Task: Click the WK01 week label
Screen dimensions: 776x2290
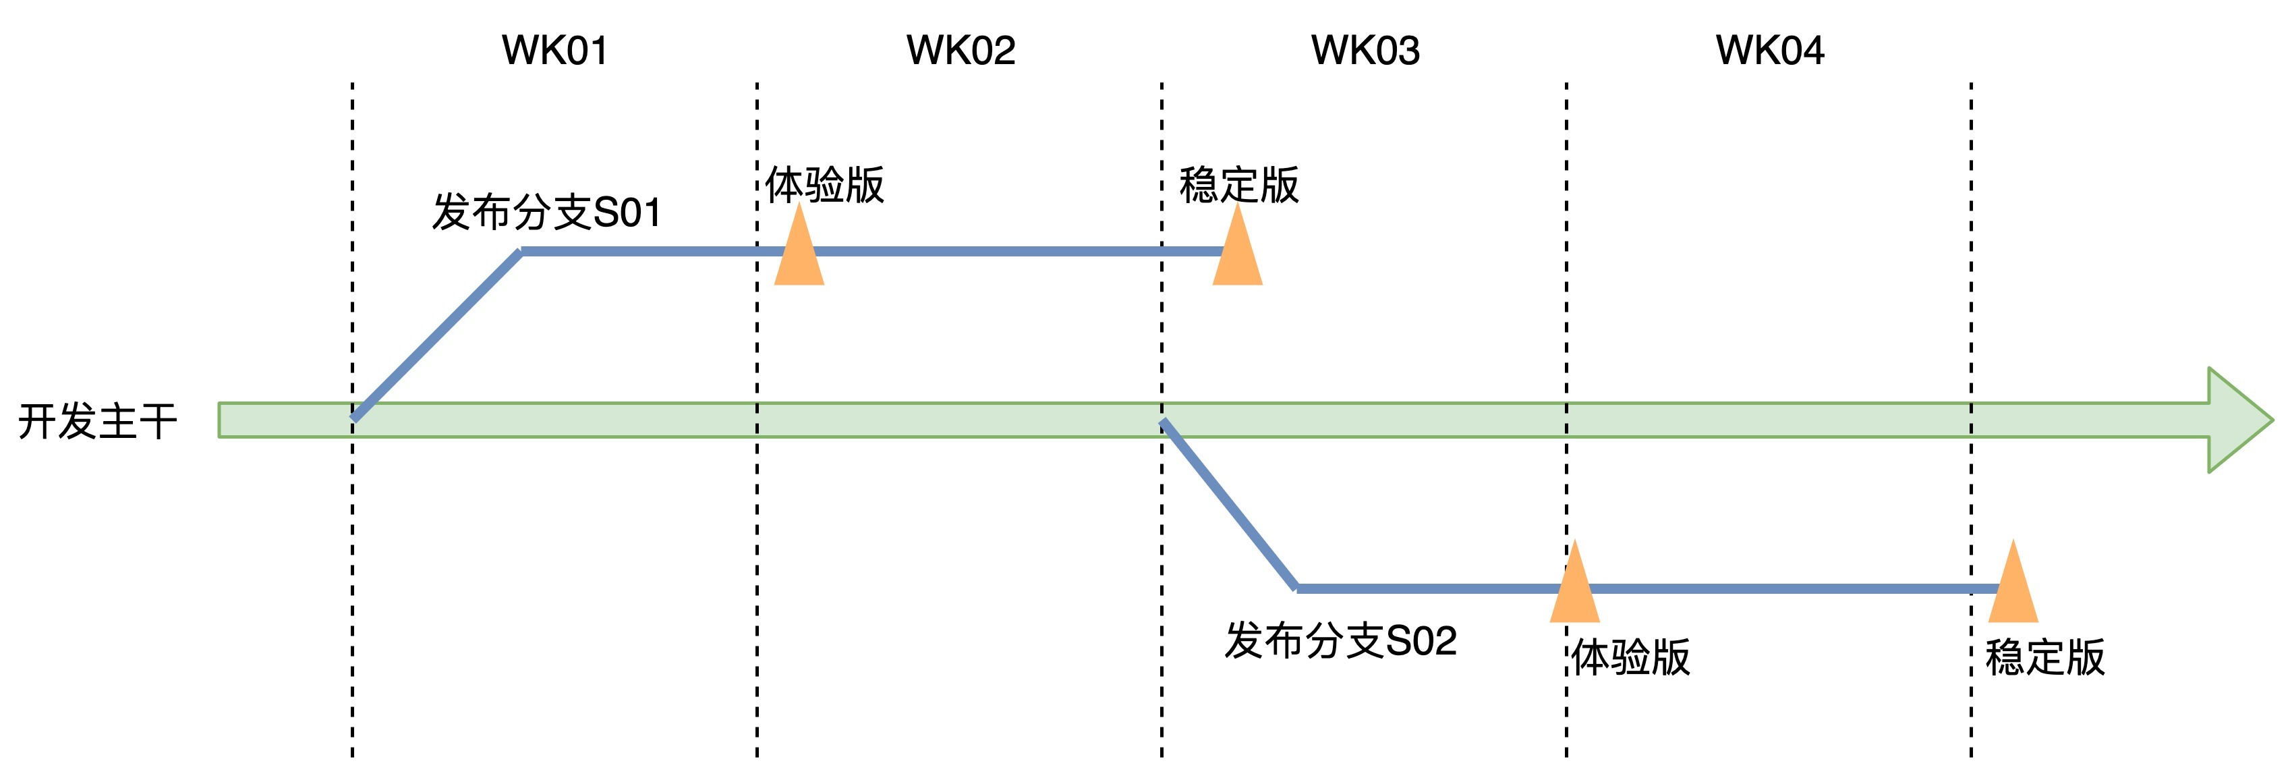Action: [554, 51]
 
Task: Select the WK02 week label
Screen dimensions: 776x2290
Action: [960, 51]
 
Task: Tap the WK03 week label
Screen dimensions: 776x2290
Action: [1365, 51]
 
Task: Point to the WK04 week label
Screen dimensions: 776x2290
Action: [1769, 51]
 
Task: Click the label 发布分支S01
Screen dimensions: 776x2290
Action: [547, 213]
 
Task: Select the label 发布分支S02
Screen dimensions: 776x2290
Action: [1340, 641]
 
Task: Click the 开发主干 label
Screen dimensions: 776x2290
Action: [98, 421]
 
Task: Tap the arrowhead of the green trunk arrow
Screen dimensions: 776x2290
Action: [2236, 420]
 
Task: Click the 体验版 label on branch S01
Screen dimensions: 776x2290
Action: [824, 185]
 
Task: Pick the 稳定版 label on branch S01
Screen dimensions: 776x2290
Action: [1238, 185]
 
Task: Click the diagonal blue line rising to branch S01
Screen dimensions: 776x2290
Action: [436, 335]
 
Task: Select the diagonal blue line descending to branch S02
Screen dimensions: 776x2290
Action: [1228, 504]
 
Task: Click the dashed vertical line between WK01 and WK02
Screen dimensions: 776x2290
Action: [757, 533]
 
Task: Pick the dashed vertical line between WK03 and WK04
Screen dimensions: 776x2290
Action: [1566, 267]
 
